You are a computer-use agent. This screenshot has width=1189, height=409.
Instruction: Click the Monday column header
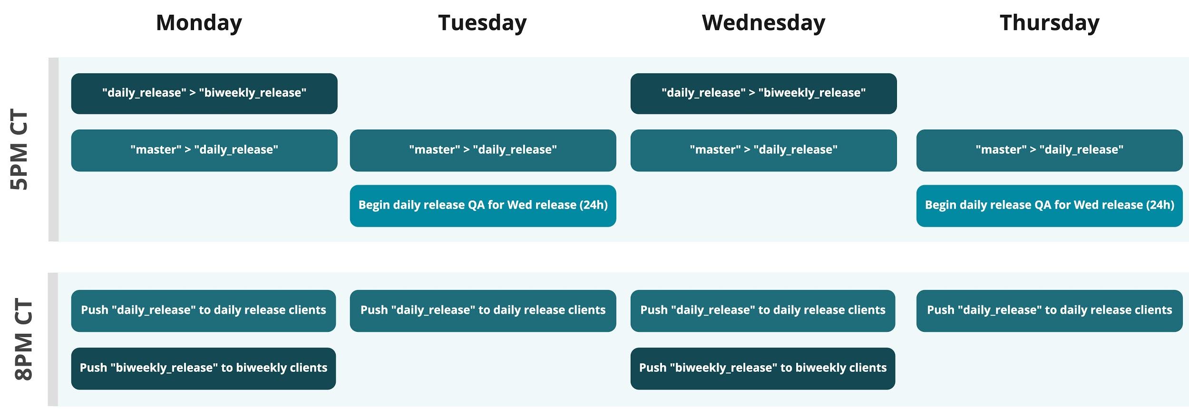pos(199,23)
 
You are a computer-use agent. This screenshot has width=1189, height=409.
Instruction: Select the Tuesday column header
pos(482,23)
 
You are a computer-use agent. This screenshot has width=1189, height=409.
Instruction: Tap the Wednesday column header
pos(763,23)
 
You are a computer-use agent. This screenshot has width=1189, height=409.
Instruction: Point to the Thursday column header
pos(1050,23)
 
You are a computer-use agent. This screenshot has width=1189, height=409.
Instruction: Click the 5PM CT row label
pos(20,150)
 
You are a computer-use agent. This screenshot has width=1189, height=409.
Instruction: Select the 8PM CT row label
pos(23,339)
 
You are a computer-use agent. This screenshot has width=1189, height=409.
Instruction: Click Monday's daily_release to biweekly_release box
pos(204,93)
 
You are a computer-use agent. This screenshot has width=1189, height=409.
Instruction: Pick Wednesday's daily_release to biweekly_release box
pos(763,93)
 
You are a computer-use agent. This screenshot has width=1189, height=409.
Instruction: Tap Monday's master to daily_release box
pos(204,150)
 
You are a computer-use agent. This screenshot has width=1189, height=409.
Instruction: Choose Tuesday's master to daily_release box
pos(483,150)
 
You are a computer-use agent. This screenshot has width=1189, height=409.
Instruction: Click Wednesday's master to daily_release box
pos(763,150)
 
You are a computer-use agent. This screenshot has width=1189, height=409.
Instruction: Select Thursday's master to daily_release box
pos(1049,150)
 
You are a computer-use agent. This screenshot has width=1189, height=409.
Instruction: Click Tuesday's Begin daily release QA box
pos(483,206)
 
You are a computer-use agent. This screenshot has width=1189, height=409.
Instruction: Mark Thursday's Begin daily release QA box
pos(1049,206)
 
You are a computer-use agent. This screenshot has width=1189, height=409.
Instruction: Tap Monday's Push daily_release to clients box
pos(204,311)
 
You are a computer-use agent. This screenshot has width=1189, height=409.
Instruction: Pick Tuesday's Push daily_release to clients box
pos(483,311)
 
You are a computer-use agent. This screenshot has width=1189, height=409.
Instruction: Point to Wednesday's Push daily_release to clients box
pos(763,311)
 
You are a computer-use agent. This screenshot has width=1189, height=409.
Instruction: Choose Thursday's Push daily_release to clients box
pos(1049,311)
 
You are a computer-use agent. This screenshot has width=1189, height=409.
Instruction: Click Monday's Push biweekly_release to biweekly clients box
pos(204,369)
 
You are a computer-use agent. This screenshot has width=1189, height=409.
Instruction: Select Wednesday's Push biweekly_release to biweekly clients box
pos(763,369)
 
